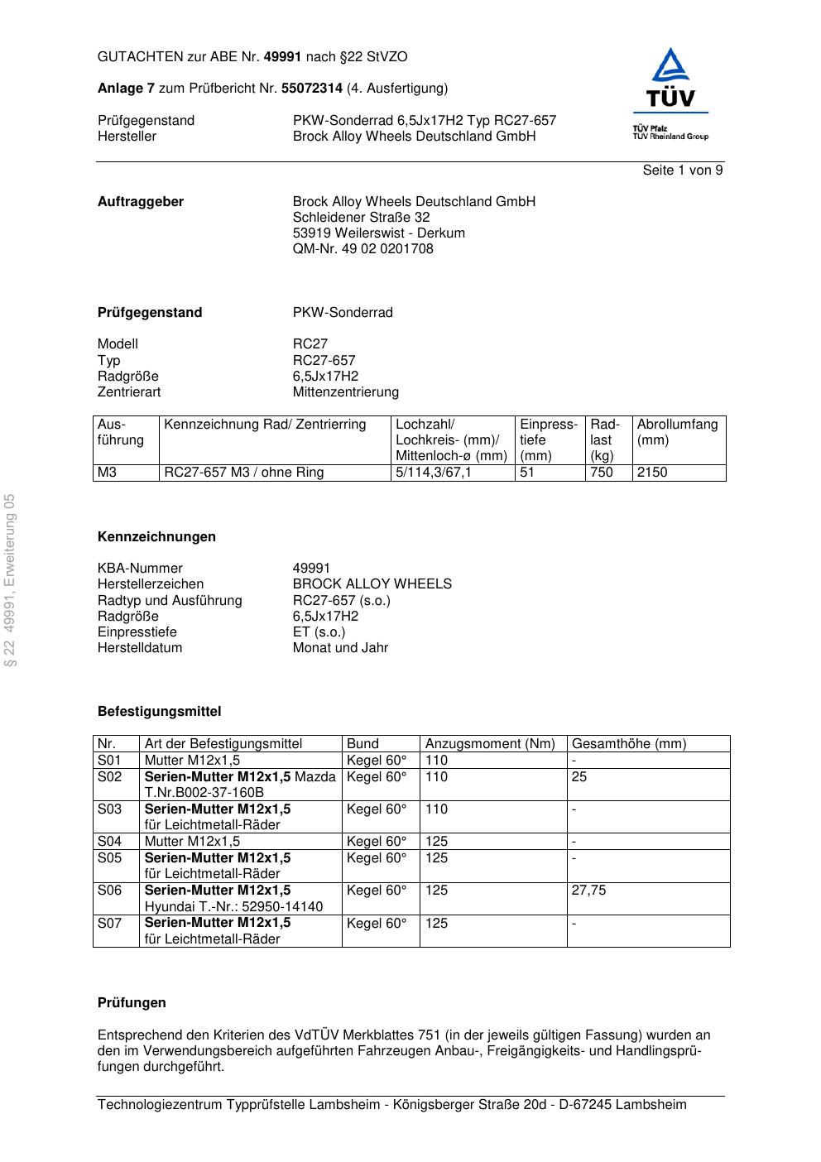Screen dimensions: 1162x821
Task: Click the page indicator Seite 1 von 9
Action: pos(682,170)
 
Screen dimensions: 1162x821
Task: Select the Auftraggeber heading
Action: pos(141,202)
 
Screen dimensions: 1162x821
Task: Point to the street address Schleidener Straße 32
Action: pos(361,218)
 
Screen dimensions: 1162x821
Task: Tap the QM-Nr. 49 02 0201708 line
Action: pos(362,249)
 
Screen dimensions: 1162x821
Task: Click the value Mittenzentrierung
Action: pos(345,392)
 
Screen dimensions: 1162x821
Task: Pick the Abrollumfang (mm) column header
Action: pos(677,432)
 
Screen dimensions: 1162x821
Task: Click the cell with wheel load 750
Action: pos(602,473)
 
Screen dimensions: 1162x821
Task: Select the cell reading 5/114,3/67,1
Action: pos(434,473)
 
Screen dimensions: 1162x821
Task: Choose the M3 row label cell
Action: pos(108,473)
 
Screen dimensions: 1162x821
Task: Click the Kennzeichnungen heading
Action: pos(156,537)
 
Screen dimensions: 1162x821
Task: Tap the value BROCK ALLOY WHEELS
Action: pos(372,584)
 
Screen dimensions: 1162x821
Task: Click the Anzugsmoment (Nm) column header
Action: pos(490,744)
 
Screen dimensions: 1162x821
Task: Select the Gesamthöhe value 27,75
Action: pos(588,891)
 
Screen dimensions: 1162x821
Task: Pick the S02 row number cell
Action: pos(110,777)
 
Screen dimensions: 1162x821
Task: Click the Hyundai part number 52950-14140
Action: pos(282,906)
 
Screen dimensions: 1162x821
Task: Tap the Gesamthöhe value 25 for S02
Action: pos(579,777)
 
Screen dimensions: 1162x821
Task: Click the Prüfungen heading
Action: pos(132,1003)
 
